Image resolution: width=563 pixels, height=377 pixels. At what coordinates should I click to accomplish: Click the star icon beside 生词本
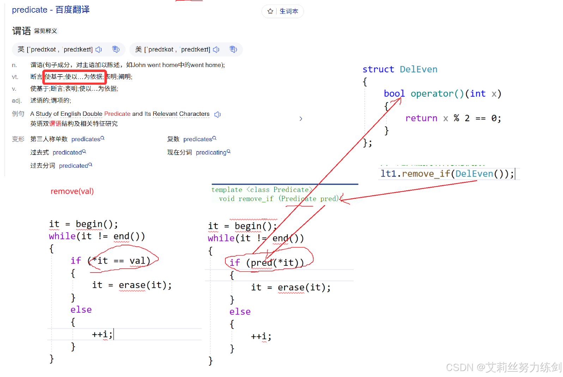coord(270,11)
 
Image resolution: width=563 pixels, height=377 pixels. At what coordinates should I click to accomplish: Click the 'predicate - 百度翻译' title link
coord(51,10)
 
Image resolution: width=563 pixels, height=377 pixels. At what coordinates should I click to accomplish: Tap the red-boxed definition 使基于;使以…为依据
coord(74,77)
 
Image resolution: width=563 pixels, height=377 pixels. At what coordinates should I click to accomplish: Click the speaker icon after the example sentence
coord(218,114)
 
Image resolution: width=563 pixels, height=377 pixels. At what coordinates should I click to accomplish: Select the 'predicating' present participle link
coord(211,152)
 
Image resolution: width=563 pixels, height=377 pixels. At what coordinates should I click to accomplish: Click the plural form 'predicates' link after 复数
coord(198,139)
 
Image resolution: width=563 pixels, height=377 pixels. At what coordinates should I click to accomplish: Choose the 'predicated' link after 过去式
coord(67,152)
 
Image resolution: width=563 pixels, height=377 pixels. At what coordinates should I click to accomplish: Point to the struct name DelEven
coord(418,69)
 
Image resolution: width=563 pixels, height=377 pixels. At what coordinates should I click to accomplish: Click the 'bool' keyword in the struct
coord(394,94)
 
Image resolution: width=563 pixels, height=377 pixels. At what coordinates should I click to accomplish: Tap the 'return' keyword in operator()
coord(421,118)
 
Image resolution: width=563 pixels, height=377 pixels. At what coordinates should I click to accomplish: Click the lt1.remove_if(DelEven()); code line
coord(447,174)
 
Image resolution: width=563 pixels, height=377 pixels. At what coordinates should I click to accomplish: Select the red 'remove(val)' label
coord(72,191)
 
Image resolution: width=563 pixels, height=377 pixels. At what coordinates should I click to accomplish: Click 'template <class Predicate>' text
coord(261,190)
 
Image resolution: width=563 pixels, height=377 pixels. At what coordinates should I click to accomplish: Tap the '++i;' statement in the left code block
coord(102,334)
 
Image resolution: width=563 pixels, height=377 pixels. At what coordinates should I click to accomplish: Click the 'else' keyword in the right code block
coord(240,312)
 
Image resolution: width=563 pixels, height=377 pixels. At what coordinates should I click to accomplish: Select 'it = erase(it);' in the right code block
coord(291,288)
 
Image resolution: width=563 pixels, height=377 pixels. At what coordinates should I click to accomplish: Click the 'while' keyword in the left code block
coord(62,236)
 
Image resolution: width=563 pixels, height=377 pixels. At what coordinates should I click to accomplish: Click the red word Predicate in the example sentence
coord(117,114)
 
